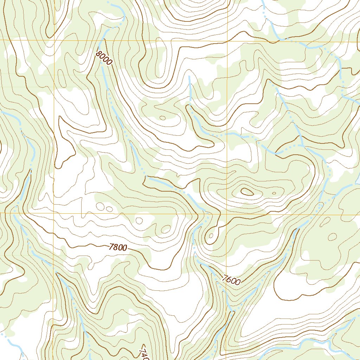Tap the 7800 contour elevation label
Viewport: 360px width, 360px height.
[118, 247]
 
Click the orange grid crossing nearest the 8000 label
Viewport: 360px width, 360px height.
[54, 40]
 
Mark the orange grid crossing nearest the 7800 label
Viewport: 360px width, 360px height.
[54, 213]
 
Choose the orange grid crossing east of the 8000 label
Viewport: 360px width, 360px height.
[227, 41]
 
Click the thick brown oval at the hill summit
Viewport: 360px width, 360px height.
[247, 192]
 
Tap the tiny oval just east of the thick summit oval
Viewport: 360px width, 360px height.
[274, 193]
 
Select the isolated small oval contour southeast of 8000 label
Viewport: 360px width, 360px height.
[162, 118]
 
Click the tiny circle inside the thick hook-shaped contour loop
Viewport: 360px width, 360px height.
[211, 236]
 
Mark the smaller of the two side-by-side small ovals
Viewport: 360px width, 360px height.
[109, 209]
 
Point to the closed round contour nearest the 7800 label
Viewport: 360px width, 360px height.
[139, 221]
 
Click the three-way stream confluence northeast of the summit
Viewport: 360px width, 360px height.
[302, 145]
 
